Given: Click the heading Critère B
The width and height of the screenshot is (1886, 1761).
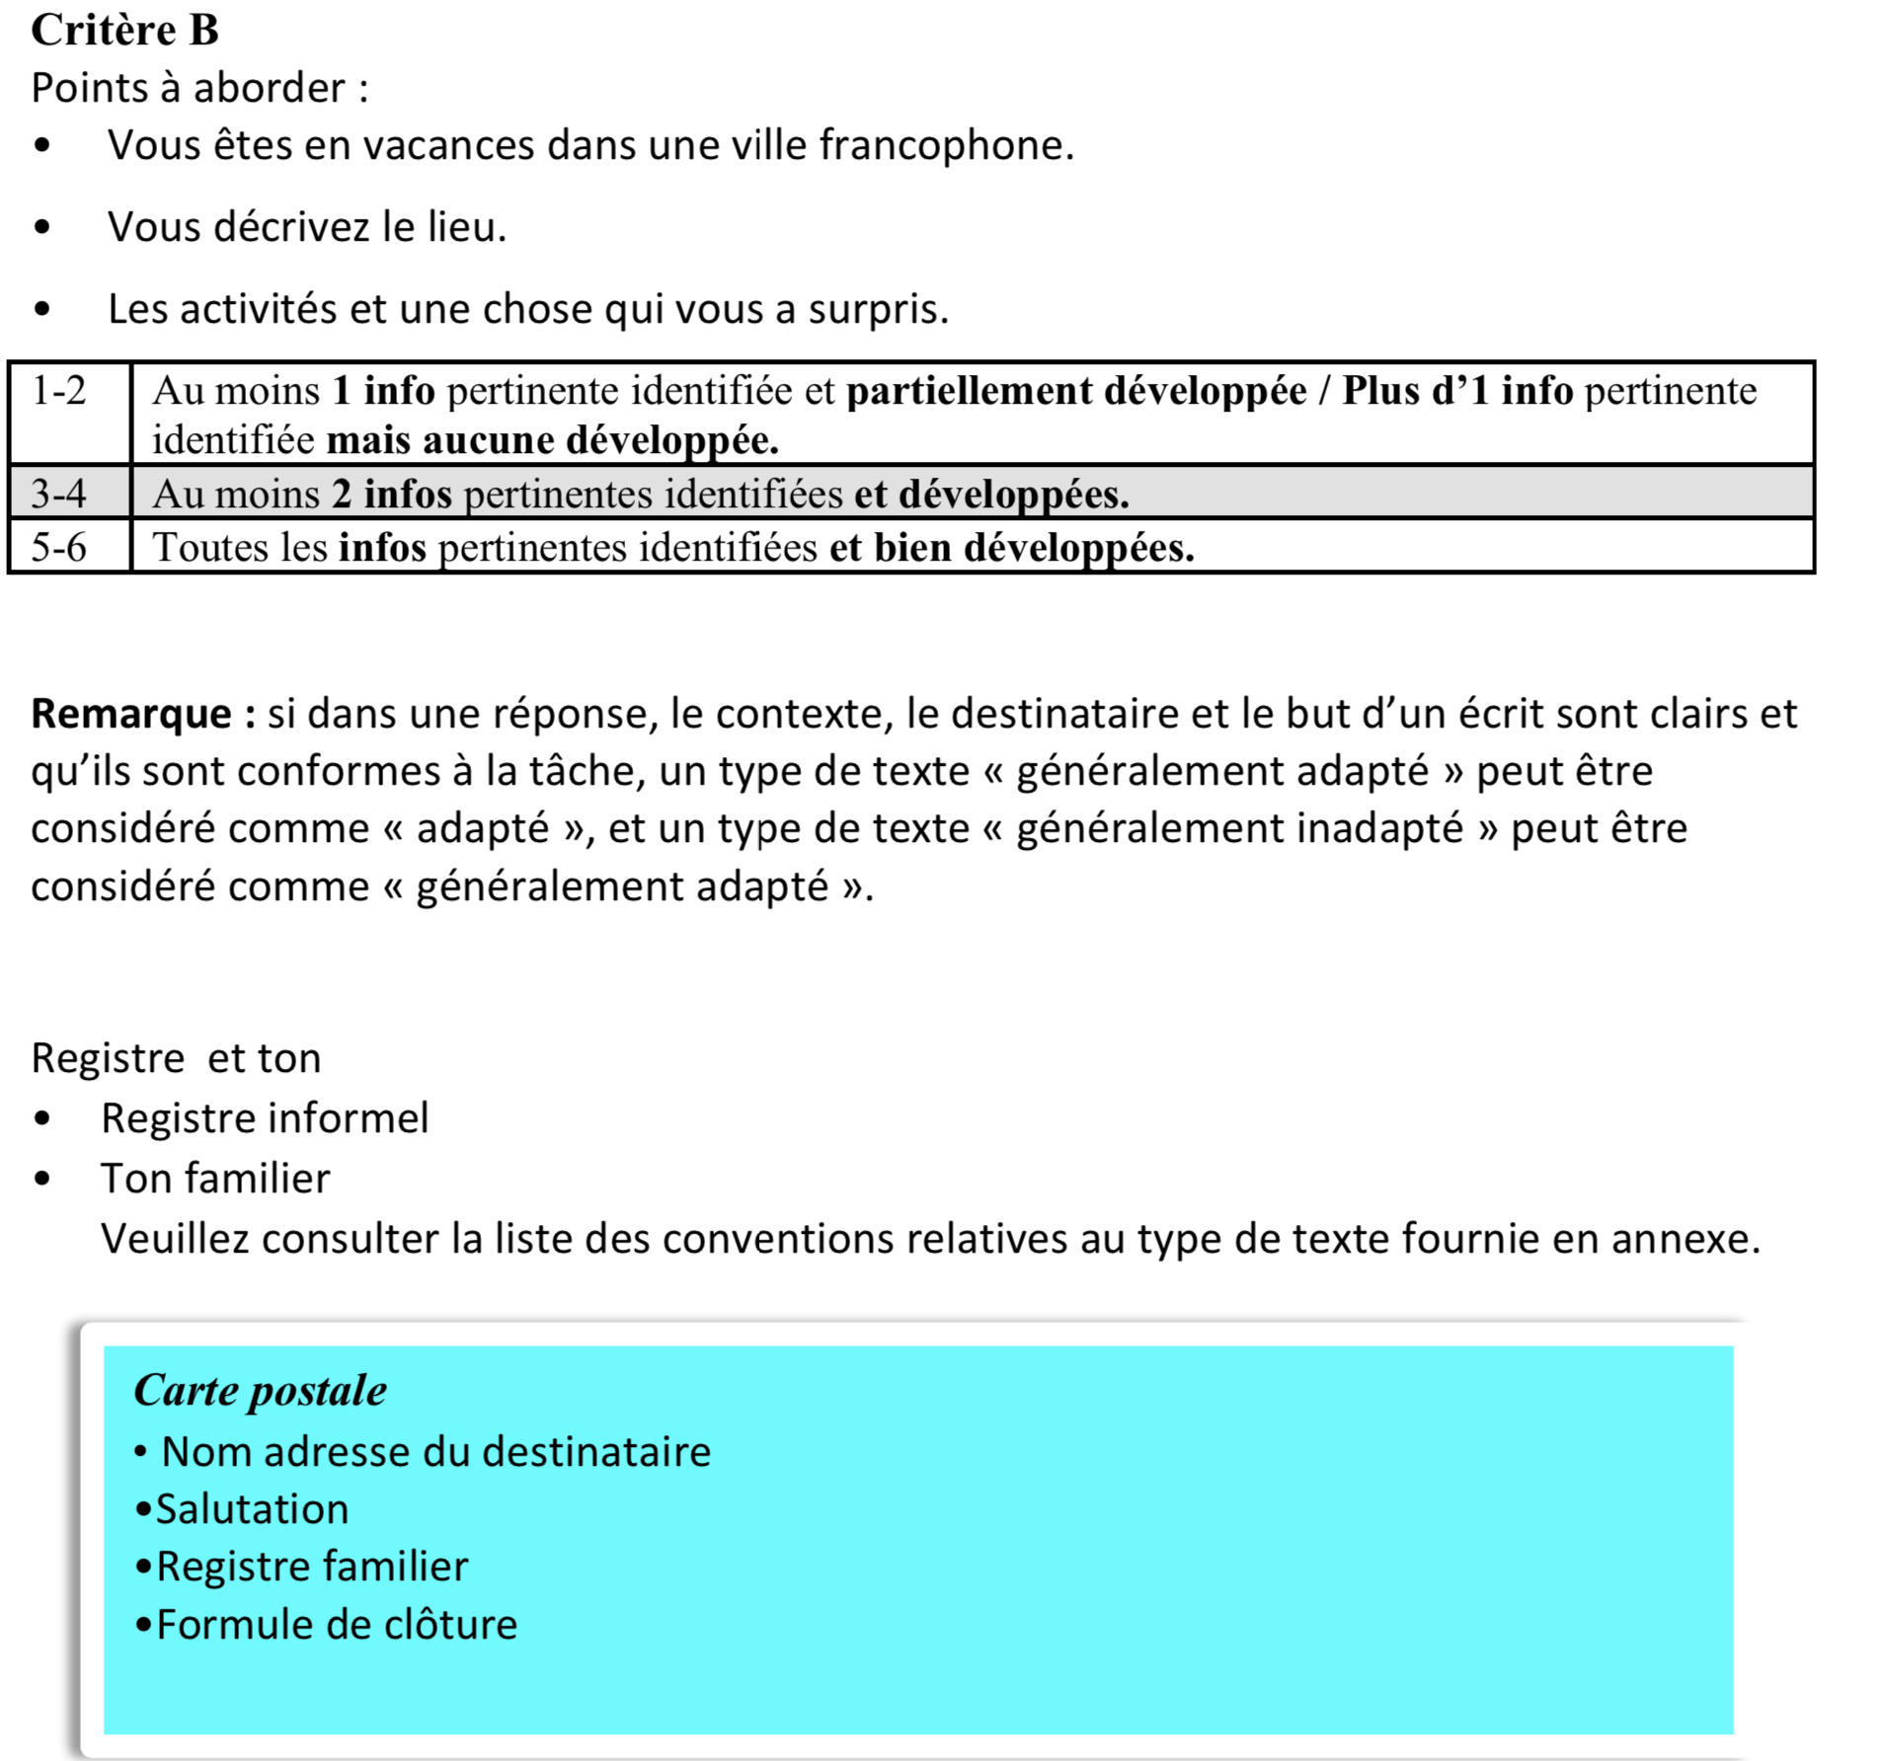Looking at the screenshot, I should click(124, 30).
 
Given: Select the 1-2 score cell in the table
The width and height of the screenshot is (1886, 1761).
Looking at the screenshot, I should click(59, 392).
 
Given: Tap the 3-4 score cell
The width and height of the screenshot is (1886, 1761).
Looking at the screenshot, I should click(59, 493).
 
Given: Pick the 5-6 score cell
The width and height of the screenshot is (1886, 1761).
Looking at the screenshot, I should click(59, 547).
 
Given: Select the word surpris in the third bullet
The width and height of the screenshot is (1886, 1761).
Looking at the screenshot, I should click(877, 310).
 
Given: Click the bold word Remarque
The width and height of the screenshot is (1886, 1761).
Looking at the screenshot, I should click(132, 714).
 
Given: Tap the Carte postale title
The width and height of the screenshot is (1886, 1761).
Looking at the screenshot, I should click(260, 1390).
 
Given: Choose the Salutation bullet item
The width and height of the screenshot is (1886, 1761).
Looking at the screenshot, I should click(252, 1509).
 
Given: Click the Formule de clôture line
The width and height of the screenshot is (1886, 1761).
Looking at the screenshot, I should click(336, 1625).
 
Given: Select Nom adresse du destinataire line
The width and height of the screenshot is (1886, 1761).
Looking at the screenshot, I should click(435, 1452).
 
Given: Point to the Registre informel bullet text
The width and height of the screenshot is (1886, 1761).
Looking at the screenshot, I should click(265, 1118).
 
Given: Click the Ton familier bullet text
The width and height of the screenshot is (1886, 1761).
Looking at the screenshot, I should click(215, 1179).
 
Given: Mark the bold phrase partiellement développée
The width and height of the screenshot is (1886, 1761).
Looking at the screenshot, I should click(1076, 392).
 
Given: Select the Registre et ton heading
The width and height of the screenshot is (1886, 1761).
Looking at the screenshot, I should click(176, 1058).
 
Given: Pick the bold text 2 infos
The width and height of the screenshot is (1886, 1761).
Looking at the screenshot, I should click(391, 494).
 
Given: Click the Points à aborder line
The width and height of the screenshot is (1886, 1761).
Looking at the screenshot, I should click(199, 89).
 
